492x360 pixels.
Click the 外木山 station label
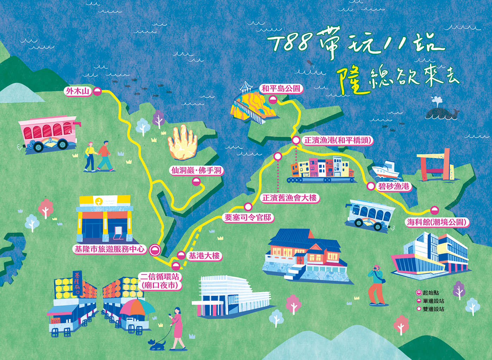point(78,91)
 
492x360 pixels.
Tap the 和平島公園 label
point(281,89)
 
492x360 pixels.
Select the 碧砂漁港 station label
point(394,186)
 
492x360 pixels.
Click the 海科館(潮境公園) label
point(437,222)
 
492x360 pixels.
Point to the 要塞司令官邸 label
point(248,217)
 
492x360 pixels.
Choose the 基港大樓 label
point(204,256)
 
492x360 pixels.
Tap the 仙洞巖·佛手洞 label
point(196,170)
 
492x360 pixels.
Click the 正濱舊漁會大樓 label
point(290,198)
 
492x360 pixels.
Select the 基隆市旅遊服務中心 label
point(110,249)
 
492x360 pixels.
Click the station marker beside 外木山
point(97,92)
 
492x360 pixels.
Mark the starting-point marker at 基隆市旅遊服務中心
point(155,250)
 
